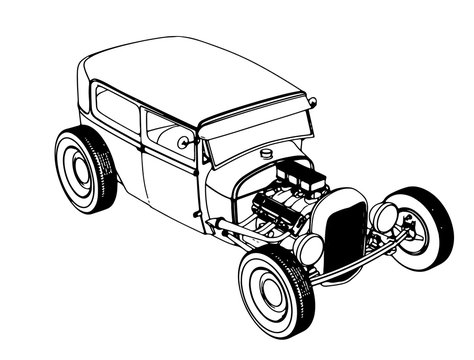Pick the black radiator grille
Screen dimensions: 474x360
(346, 235)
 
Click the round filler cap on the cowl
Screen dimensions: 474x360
(266, 153)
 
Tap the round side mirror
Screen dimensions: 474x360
(183, 143)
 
